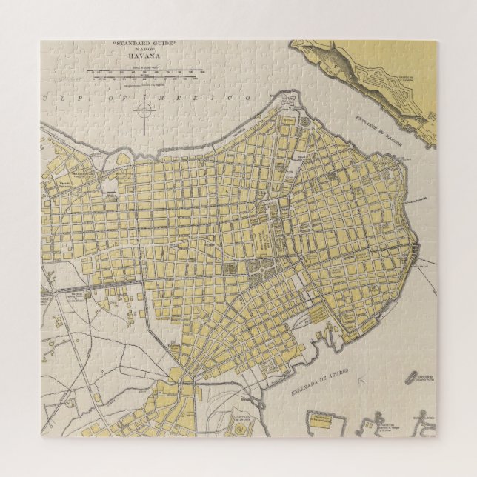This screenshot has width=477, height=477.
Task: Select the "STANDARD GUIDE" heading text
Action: (x=144, y=44)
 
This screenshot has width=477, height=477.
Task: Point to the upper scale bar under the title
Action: (x=141, y=71)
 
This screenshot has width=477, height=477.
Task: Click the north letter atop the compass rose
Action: (x=144, y=101)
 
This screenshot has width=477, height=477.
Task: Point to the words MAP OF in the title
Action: (x=144, y=50)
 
